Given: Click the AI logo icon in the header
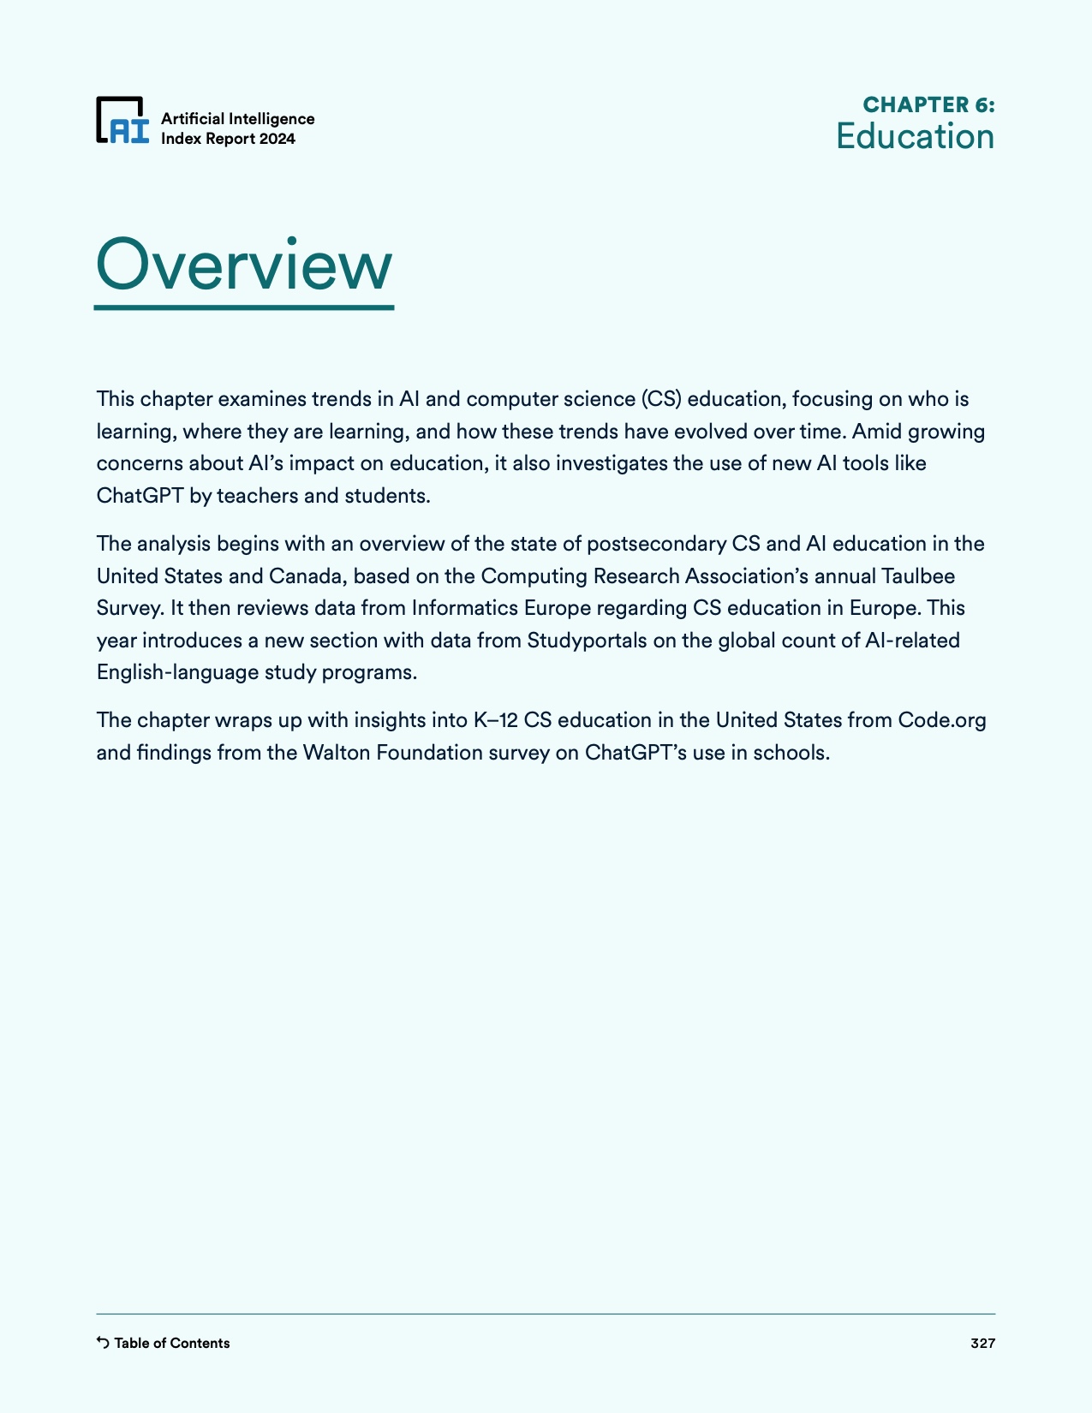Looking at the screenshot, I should click(x=122, y=121).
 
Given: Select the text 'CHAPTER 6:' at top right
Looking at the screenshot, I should click(x=928, y=104).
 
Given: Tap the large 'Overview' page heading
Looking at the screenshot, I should click(x=244, y=265).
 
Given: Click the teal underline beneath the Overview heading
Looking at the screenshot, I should click(x=244, y=307).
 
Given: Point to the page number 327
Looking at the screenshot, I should click(x=982, y=1343).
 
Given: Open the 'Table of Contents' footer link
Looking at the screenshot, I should click(x=171, y=1343).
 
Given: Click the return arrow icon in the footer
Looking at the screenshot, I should click(x=103, y=1342).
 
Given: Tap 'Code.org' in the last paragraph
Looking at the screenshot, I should click(x=941, y=720).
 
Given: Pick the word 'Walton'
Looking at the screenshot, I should click(x=334, y=753).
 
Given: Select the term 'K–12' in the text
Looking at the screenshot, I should click(x=495, y=720).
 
